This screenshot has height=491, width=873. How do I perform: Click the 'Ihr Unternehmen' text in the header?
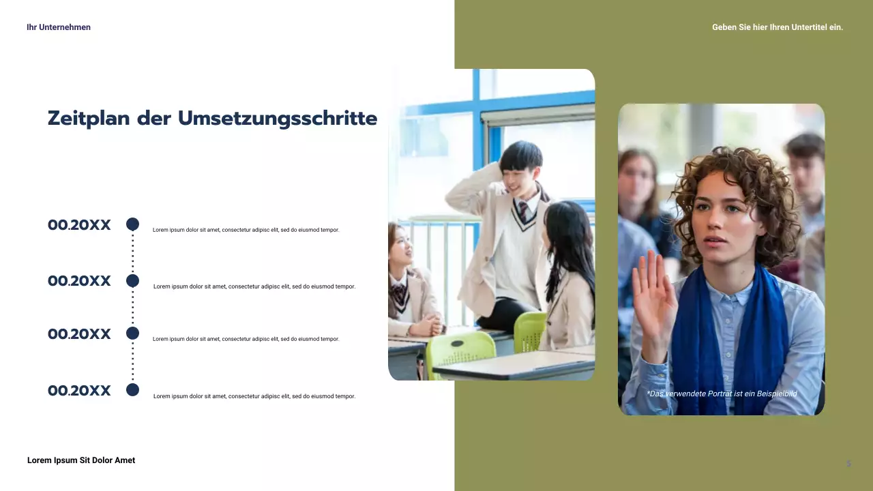59,27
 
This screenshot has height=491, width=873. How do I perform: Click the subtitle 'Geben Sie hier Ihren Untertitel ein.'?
778,27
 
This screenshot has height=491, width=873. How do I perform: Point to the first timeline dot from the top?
133,224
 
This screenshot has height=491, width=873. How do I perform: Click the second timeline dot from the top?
133,281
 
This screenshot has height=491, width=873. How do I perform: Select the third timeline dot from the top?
133,333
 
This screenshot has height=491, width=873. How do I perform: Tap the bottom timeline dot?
133,390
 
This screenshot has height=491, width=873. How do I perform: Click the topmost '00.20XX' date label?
79,225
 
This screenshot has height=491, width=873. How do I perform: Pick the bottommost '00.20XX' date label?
79,391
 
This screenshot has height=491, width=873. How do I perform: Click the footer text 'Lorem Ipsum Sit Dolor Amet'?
81,460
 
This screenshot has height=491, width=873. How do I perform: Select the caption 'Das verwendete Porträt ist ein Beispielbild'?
722,393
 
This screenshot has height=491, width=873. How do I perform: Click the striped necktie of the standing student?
522,212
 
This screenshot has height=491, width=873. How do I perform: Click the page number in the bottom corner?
848,464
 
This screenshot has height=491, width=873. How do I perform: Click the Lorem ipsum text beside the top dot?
246,230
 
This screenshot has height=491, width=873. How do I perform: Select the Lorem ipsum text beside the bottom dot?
254,396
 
